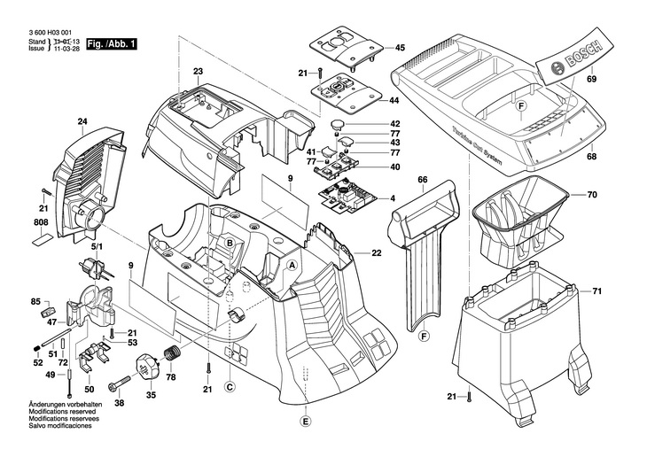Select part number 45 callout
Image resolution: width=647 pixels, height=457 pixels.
[x=400, y=48]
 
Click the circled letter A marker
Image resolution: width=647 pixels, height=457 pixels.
[x=292, y=265]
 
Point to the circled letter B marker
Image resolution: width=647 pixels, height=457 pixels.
[x=228, y=243]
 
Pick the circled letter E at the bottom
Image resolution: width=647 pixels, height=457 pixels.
[x=306, y=421]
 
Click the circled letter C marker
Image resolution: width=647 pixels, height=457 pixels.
[x=229, y=386]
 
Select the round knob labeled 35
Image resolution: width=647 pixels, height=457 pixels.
[x=147, y=363]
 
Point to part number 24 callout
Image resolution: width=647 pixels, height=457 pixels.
[x=82, y=122]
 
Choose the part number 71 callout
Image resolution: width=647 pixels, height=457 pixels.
[x=597, y=291]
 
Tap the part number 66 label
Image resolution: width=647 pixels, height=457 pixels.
[x=423, y=181]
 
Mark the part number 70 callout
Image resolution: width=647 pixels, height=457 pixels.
[x=592, y=193]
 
